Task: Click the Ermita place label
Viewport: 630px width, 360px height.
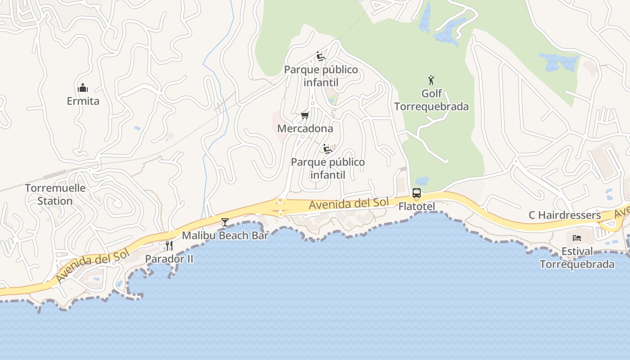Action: (x=83, y=101)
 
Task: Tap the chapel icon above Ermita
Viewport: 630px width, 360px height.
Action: (x=83, y=87)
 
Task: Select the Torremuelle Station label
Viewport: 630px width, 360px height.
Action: (x=55, y=194)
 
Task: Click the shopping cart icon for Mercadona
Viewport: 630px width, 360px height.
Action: (x=305, y=116)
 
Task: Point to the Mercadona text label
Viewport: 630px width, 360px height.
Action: (x=305, y=129)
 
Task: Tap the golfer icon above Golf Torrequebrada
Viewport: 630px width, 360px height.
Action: (x=431, y=80)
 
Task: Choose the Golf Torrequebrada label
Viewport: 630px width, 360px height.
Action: (x=432, y=100)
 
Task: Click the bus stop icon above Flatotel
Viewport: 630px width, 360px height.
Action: (x=417, y=193)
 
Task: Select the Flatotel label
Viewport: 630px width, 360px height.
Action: (x=417, y=207)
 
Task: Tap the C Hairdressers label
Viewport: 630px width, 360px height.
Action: (x=564, y=216)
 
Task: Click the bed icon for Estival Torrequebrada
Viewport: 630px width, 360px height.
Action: (x=576, y=238)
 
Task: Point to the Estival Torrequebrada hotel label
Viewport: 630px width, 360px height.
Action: (x=577, y=258)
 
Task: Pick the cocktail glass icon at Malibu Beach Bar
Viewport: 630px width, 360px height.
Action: (x=225, y=222)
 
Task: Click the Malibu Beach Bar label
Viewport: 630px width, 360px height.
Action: (x=225, y=235)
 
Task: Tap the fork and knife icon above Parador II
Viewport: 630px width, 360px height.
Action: (x=169, y=246)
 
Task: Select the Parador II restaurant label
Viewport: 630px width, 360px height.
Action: (x=169, y=259)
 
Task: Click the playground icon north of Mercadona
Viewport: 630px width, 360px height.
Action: (x=321, y=56)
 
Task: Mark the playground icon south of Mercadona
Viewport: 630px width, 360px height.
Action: (x=328, y=148)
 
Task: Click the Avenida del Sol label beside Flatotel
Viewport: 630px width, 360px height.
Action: (x=348, y=203)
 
